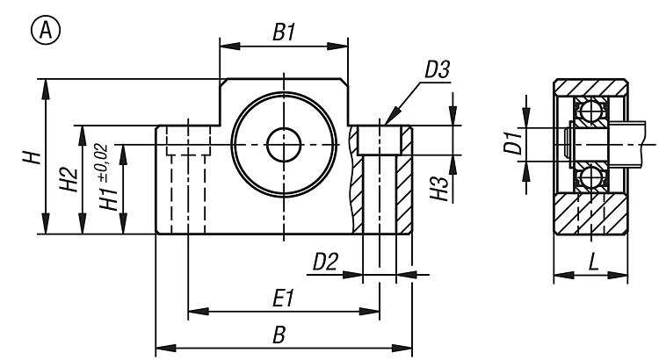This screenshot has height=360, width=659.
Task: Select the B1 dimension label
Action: pos(283,33)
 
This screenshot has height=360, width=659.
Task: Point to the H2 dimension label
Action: pos(70,180)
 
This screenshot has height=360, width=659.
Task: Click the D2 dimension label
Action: pos(326,262)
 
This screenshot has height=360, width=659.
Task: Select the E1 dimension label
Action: pos(282,299)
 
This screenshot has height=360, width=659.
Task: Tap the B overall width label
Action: pos(279,335)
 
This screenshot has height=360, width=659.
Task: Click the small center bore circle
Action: pos(283,145)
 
